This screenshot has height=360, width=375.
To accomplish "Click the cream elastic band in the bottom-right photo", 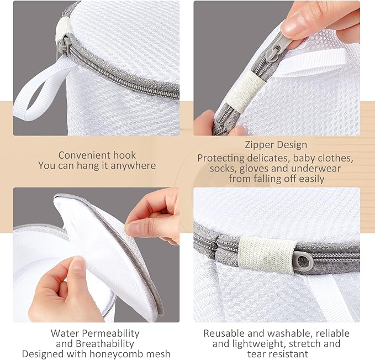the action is pyautogui.click(x=268, y=255).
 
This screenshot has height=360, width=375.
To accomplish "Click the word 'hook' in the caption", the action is pyautogui.click(x=124, y=155).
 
